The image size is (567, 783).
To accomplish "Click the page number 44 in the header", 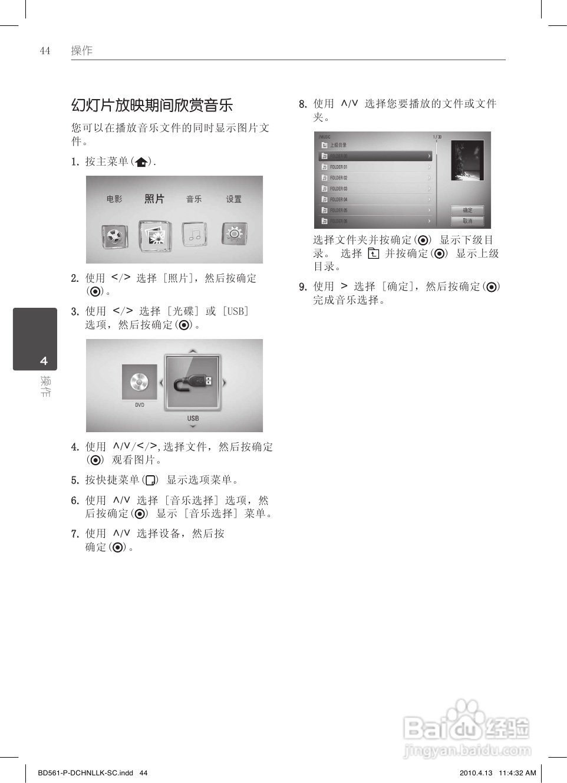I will pos(45,51).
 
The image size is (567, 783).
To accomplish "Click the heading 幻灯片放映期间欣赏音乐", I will pos(152,106).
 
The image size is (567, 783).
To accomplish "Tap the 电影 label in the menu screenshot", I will pos(114,199).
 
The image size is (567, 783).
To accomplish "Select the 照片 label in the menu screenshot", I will pos(154,199).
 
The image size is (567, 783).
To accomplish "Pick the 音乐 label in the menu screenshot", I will pos(194,199).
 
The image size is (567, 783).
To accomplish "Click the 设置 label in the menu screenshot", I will pos(234,199).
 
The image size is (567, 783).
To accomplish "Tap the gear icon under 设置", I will pos(234,234).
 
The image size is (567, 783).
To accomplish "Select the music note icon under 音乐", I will pos(195,235).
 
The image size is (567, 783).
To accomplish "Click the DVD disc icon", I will pos(140,382).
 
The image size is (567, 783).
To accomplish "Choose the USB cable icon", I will pos(193,383).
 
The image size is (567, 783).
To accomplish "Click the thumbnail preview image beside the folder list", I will pos(467,160).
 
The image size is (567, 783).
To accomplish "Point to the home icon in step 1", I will pos(141,162).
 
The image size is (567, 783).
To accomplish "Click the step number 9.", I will pos(302,287).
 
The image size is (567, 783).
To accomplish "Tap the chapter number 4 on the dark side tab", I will pos(44,361).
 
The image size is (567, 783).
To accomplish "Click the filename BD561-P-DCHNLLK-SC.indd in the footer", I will pos(85,773).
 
